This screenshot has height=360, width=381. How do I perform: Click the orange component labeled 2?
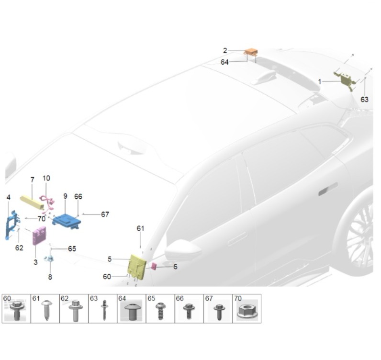tap(251, 52)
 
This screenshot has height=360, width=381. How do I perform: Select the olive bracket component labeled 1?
tap(345, 80)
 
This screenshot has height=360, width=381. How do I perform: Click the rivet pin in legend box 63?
tap(104, 310)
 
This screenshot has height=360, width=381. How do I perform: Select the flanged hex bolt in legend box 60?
tap(16, 310)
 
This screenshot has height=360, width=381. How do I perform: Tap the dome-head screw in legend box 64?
tap(132, 311)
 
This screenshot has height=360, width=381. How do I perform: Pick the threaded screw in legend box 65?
tap(160, 311)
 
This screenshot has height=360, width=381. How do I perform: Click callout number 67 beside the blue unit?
tap(105, 214)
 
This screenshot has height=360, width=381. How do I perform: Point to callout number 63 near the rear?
tap(364, 99)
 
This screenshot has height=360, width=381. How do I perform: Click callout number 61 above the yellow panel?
tap(140, 228)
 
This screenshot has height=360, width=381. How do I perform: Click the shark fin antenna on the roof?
tap(263, 77)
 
